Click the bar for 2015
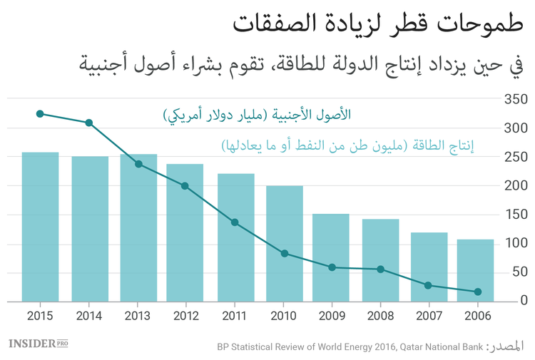40,226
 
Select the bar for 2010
285,242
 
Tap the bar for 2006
476,269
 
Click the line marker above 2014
89,123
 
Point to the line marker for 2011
235,222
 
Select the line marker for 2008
380,269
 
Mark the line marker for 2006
478,292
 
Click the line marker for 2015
40,113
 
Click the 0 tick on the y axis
523,301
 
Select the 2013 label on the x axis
138,314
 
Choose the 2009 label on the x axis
331,314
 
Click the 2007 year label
429,314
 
